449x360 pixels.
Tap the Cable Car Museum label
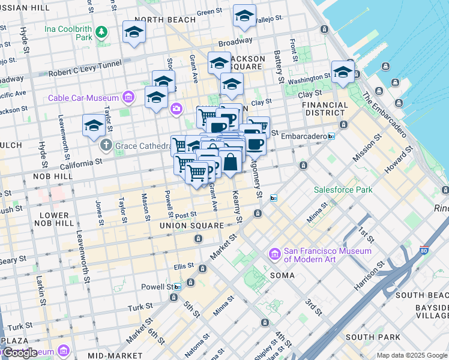click(84, 97)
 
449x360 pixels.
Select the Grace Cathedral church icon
click(106, 145)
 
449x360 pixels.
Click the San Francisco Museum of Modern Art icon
click(275, 255)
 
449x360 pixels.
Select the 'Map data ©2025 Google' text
click(411, 355)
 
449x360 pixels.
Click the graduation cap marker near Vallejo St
click(244, 16)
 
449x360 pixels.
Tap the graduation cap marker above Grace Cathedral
click(94, 125)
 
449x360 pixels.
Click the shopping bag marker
click(231, 161)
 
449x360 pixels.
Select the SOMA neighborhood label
click(282, 275)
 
